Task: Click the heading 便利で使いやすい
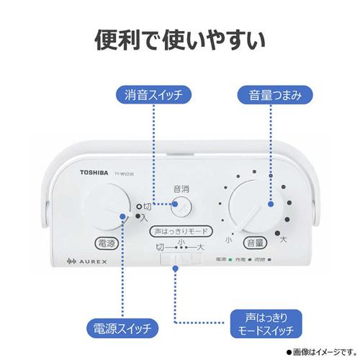(179, 40)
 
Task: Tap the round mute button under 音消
(181, 207)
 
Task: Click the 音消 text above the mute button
(181, 189)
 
